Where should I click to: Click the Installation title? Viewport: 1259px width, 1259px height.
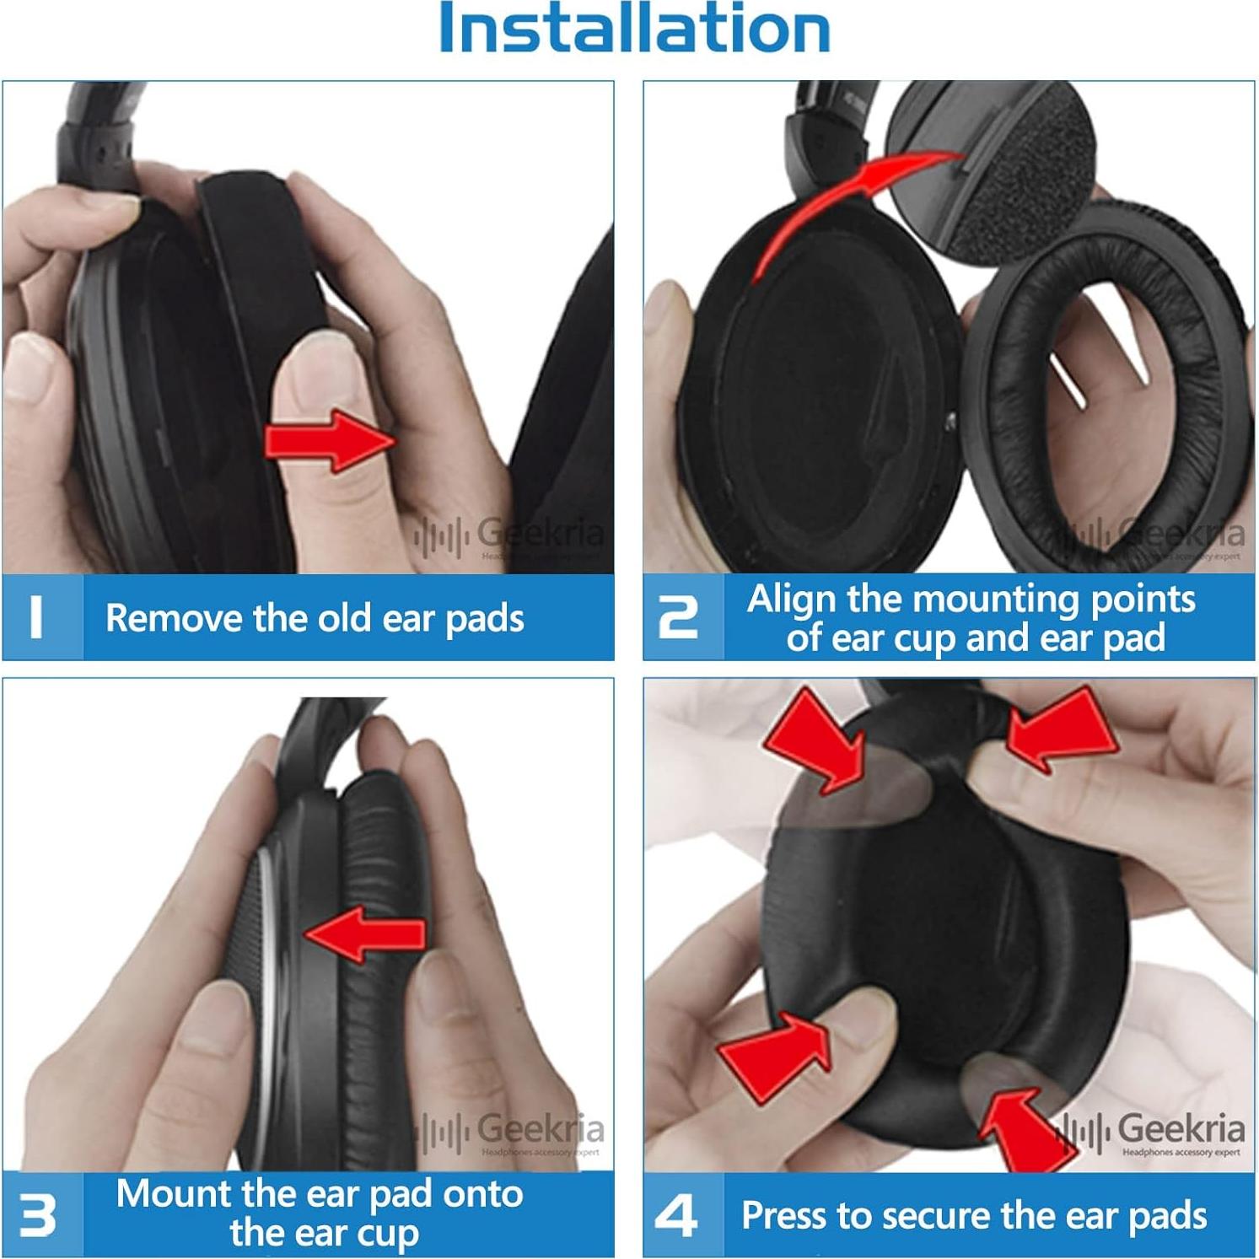click(634, 30)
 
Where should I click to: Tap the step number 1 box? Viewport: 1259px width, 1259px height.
click(42, 617)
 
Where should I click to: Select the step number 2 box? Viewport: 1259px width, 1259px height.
click(682, 617)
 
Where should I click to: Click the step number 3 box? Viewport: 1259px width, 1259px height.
click(42, 1214)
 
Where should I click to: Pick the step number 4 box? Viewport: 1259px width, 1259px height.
click(682, 1215)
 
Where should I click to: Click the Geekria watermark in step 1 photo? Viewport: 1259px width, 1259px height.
click(510, 535)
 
